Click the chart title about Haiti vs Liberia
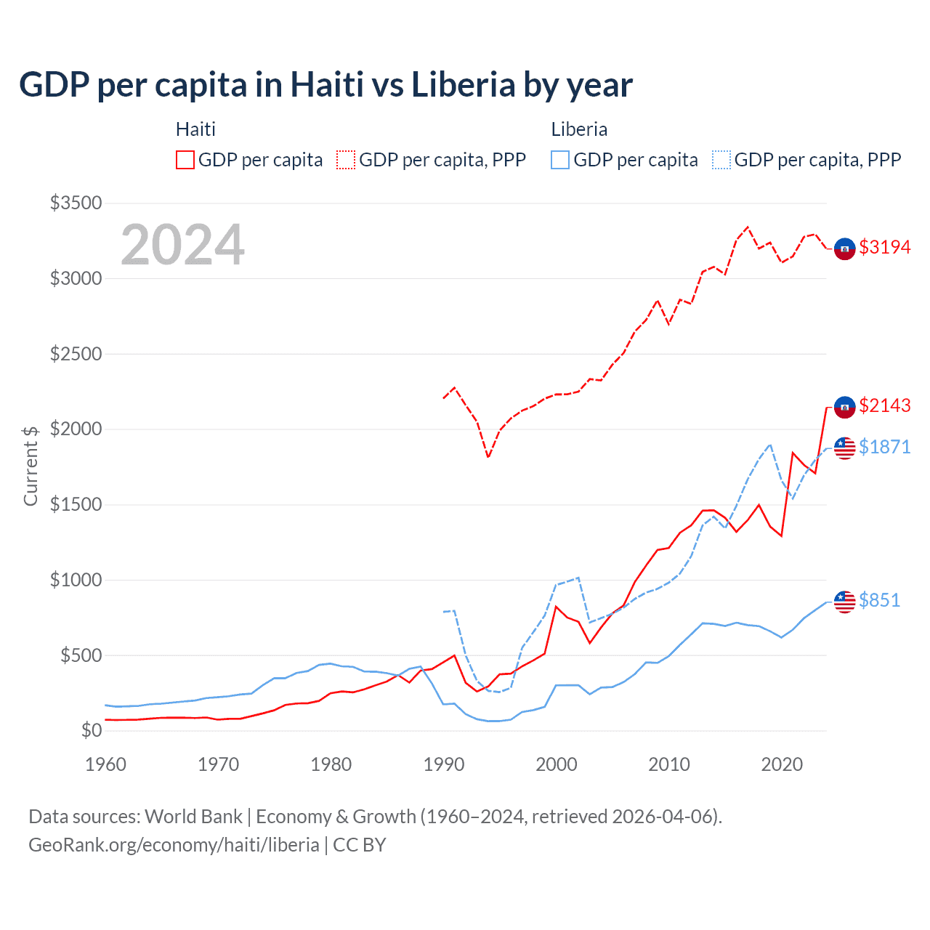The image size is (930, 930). click(325, 85)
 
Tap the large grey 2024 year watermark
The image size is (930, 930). click(182, 246)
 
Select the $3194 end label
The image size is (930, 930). click(884, 247)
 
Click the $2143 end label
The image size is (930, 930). click(884, 405)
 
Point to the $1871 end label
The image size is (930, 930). click(884, 447)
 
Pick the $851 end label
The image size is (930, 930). click(879, 600)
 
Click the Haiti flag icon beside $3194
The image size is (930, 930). click(844, 248)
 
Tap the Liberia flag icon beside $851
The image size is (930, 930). click(844, 602)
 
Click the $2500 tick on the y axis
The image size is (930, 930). click(76, 354)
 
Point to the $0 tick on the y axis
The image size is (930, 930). click(91, 730)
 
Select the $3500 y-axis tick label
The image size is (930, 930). click(76, 203)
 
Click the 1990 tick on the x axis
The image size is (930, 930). click(444, 764)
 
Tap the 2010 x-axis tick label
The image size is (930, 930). click(669, 764)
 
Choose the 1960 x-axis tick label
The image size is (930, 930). click(106, 764)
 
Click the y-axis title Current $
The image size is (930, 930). click(31, 466)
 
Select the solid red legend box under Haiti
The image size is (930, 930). click(185, 160)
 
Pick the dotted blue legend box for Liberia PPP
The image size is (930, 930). click(721, 160)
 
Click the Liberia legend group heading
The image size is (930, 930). click(579, 129)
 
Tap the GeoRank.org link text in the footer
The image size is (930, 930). click(174, 845)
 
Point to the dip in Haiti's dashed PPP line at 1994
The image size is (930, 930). click(488, 457)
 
